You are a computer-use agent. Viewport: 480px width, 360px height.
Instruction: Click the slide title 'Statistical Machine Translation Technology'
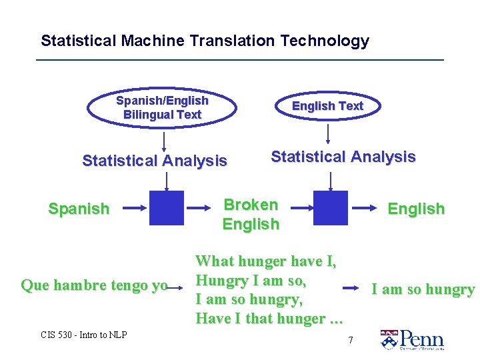[205, 41]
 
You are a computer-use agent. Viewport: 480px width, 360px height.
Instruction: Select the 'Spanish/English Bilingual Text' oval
[162, 108]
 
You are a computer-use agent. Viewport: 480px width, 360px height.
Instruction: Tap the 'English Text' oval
[327, 106]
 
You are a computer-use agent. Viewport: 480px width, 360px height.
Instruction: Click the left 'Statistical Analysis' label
[154, 161]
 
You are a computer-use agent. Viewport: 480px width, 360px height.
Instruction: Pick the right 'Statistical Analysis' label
[343, 157]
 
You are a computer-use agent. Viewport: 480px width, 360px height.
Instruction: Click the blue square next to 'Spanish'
[166, 208]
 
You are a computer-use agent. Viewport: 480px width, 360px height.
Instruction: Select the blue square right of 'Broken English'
[330, 208]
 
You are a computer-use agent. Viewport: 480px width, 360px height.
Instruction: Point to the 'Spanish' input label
[79, 209]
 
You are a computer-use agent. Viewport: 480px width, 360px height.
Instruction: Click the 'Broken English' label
[251, 214]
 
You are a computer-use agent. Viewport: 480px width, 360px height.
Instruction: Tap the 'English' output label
[416, 209]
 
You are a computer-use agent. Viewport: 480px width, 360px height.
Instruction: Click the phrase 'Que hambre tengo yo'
[94, 286]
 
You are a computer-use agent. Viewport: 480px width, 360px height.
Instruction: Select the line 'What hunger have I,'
[266, 261]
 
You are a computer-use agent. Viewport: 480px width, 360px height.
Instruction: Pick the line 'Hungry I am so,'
[251, 280]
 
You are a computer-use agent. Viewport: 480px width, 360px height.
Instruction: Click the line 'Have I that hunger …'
[269, 319]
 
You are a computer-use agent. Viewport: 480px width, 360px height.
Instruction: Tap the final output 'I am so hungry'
[423, 289]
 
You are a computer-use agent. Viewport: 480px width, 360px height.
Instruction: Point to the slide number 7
[351, 341]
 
